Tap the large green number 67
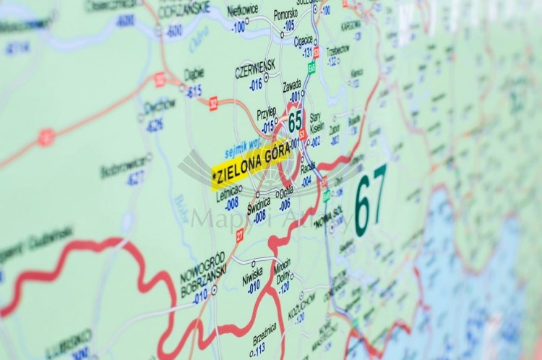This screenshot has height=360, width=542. tap(370, 200)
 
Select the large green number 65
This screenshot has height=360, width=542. tap(295, 120)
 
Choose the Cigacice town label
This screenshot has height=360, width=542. tap(304, 40)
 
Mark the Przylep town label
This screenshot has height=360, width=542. tap(267, 111)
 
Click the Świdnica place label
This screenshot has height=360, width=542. tap(259, 203)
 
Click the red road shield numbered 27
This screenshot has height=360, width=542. tap(239, 233)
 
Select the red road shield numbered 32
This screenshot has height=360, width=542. tap(213, 103)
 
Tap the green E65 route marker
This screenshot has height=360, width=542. tap(311, 67)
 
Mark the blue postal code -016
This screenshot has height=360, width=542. tap(256, 85)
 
